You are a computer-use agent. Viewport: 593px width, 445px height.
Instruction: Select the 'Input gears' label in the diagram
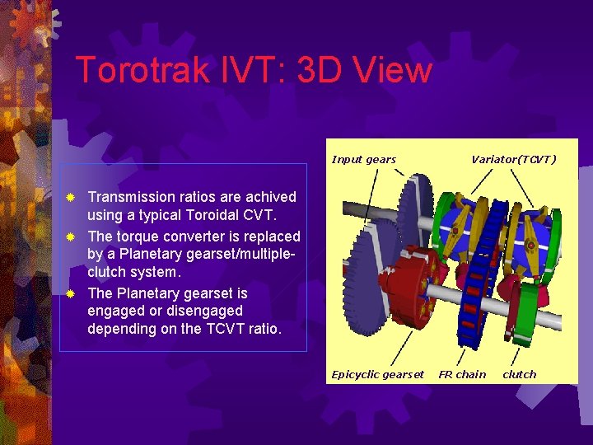(363, 159)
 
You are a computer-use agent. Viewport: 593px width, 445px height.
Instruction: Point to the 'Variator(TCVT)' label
(513, 159)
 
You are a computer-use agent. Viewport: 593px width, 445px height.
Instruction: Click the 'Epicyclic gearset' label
(377, 374)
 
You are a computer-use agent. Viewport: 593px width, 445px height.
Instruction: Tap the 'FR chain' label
(462, 374)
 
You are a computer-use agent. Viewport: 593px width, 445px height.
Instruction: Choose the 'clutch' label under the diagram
(519, 374)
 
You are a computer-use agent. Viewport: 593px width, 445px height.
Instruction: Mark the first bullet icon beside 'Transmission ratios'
(72, 198)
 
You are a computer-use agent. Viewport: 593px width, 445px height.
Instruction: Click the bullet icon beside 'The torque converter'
(72, 237)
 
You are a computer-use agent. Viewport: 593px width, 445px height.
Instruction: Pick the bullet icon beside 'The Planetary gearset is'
(72, 293)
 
